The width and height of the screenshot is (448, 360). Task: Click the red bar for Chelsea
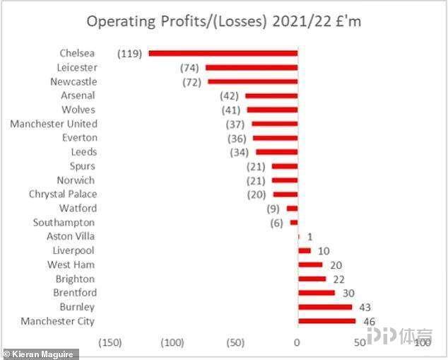223,53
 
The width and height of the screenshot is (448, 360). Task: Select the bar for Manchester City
326,321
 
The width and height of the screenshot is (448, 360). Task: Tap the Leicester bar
252,67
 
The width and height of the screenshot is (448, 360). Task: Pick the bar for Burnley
325,307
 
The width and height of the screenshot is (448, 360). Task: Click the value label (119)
130,53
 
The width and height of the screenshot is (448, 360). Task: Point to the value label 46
368,321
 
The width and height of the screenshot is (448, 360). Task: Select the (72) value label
191,81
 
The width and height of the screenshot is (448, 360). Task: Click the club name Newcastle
73,81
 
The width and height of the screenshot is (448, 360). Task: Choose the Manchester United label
54,124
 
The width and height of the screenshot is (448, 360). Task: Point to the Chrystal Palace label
63,194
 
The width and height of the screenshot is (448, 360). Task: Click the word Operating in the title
119,21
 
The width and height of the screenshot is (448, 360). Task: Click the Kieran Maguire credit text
40,354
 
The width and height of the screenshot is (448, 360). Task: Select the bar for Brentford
317,293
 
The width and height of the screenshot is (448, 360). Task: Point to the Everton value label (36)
237,138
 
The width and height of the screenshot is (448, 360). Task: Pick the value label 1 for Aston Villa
309,236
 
